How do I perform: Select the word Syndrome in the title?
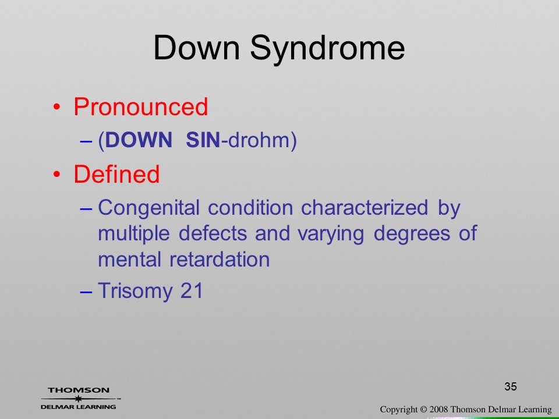pyautogui.click(x=327, y=50)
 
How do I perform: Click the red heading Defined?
pyautogui.click(x=116, y=174)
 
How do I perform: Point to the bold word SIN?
pyautogui.click(x=203, y=140)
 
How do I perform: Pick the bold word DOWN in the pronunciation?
pyautogui.click(x=139, y=140)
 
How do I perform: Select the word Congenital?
pyautogui.click(x=148, y=208)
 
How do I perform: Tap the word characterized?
pyautogui.click(x=365, y=207)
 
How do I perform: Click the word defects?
pyautogui.click(x=213, y=233)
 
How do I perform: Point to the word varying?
pyautogui.click(x=331, y=235)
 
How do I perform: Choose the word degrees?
pyautogui.click(x=412, y=235)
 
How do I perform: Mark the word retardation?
pyautogui.click(x=220, y=259)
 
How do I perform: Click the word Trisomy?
pyautogui.click(x=134, y=292)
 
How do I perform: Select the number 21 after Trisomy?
pyautogui.click(x=192, y=290)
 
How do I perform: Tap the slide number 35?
pyautogui.click(x=511, y=386)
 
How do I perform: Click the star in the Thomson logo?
pyautogui.click(x=78, y=398)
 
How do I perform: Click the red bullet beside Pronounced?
pyautogui.click(x=56, y=106)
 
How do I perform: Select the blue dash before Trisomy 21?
pyautogui.click(x=86, y=292)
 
